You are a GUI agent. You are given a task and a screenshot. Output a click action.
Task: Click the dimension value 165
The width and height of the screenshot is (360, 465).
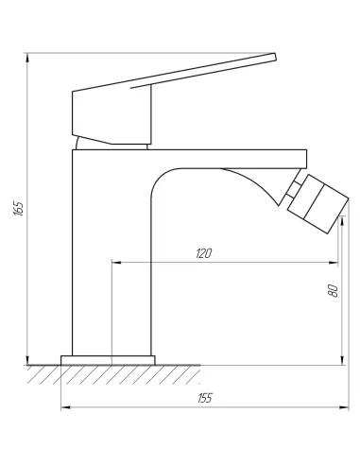tap(19, 207)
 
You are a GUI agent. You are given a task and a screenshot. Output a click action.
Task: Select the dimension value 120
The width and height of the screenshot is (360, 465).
tap(203, 252)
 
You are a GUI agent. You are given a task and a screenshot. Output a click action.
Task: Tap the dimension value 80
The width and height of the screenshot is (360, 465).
tap(332, 291)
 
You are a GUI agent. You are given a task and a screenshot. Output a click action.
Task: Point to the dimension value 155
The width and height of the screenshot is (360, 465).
tap(205, 398)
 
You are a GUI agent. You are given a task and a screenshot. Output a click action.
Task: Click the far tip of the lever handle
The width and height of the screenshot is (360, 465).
tap(274, 59)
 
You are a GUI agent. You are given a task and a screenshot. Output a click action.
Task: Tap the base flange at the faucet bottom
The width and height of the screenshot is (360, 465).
tap(108, 360)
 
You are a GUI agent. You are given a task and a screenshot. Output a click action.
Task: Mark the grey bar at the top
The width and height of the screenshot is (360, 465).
tap(151, 47)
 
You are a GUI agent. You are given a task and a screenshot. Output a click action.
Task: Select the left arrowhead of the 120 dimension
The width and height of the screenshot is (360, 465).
tap(115, 262)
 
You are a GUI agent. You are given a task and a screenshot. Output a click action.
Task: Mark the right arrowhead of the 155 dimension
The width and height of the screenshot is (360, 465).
tap(346, 408)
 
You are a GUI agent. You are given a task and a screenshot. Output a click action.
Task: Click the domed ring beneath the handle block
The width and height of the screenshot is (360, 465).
tap(111, 143)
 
